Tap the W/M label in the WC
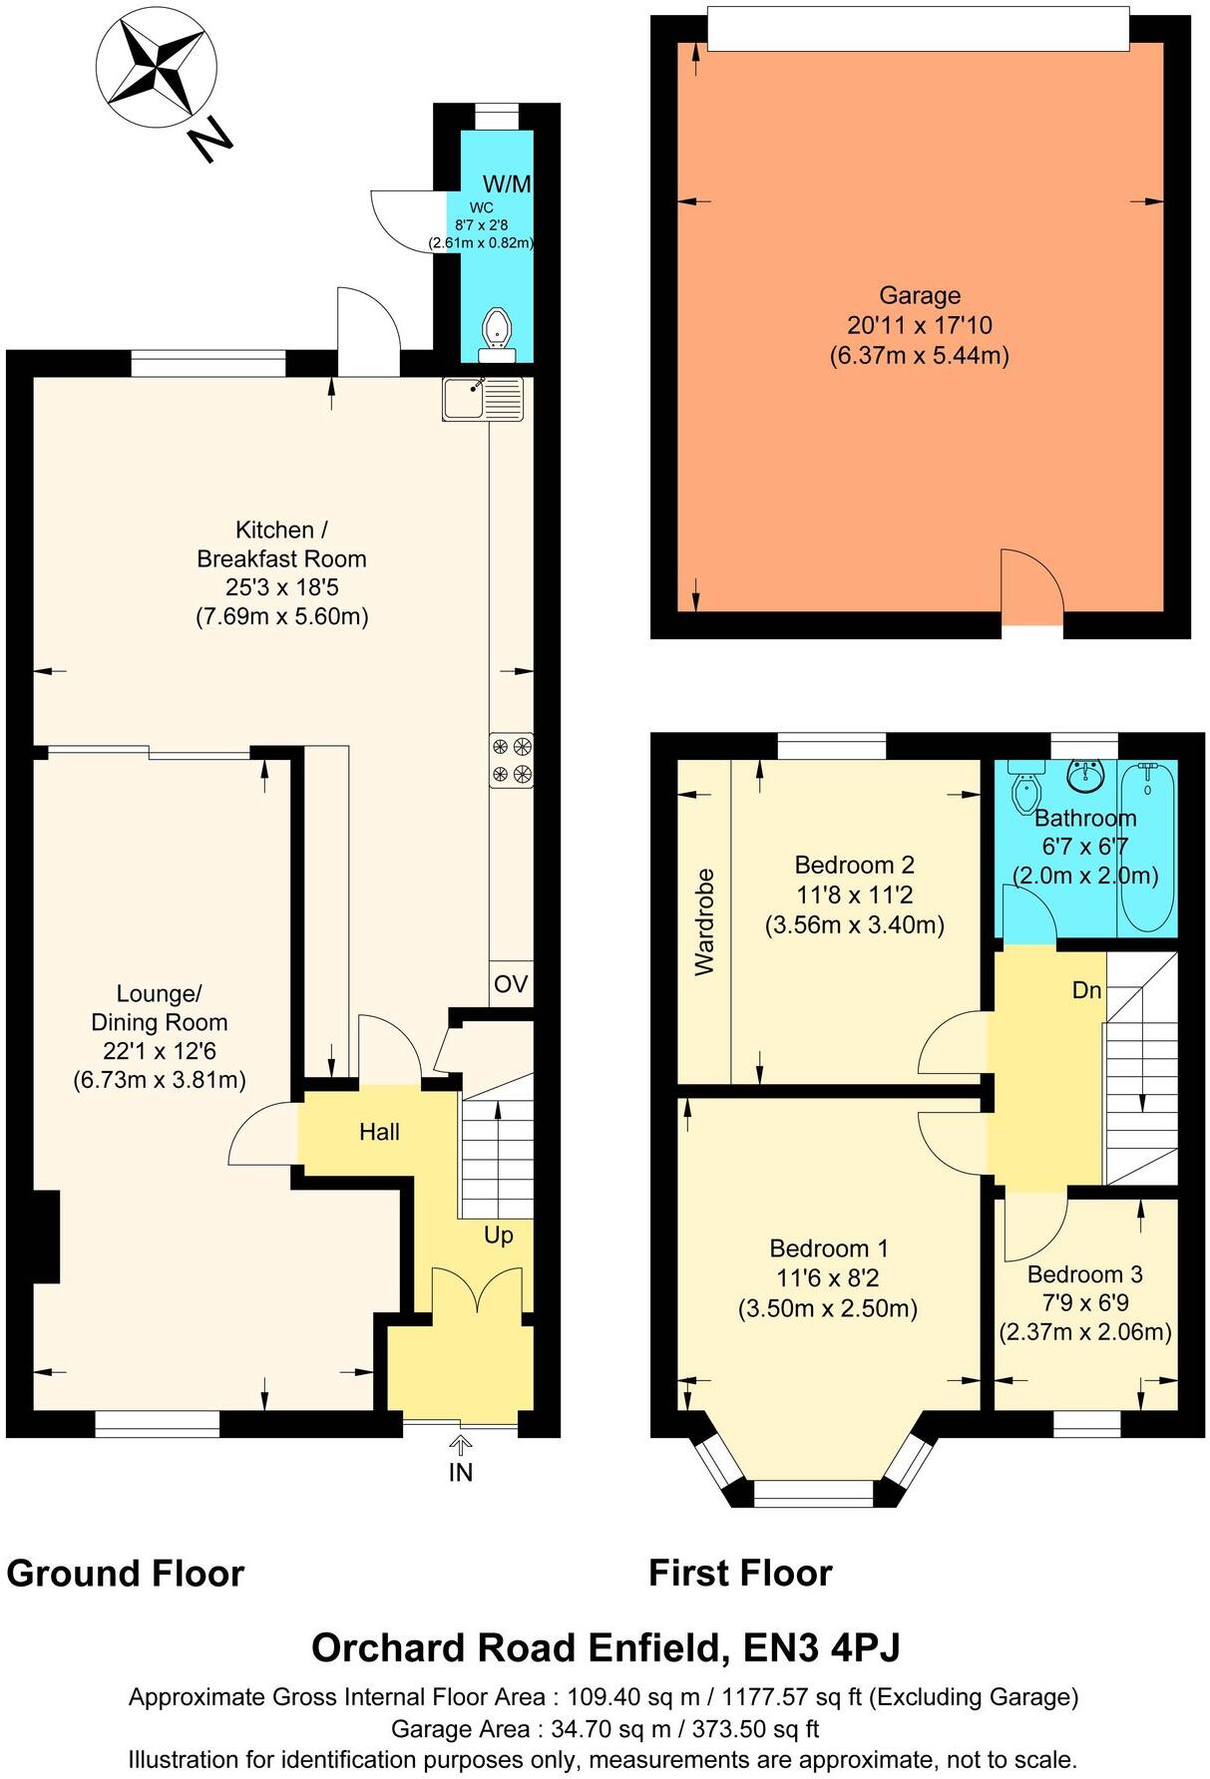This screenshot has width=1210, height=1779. click(507, 183)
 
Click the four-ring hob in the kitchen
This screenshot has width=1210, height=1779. click(511, 759)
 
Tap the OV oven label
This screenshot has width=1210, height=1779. click(511, 984)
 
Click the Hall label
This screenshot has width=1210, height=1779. click(379, 1132)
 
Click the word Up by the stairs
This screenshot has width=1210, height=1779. click(498, 1235)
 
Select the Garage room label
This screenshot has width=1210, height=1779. click(919, 295)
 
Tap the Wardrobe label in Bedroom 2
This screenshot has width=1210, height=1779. click(705, 921)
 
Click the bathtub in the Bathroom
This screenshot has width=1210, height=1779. click(1147, 848)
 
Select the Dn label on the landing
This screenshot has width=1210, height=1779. click(1086, 989)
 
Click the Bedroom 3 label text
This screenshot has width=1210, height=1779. click(1084, 1273)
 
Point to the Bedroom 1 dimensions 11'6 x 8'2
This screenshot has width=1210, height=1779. click(827, 1277)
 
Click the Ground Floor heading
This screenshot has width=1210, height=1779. click(126, 1573)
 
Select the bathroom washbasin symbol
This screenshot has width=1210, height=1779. click(1084, 775)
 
